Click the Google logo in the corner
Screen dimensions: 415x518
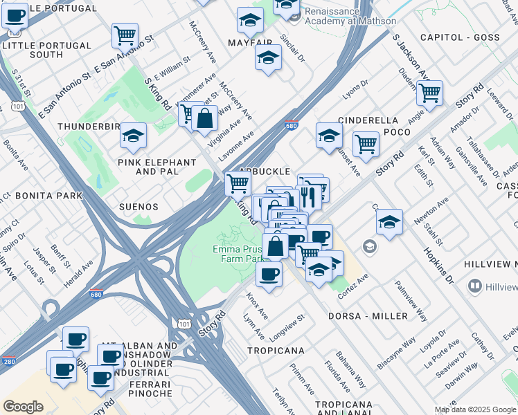point(23,407)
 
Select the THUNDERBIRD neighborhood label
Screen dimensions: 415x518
point(89,127)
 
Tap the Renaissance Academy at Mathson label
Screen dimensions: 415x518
point(335,15)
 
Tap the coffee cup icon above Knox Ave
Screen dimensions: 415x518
point(269,273)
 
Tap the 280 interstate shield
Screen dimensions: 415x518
point(8,361)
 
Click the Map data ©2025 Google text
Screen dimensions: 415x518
point(475,409)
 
